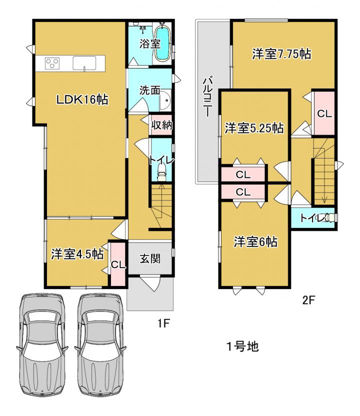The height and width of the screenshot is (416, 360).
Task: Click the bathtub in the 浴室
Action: pyautogui.click(x=162, y=43)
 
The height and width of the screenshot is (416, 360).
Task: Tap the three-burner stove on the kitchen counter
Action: pyautogui.click(x=52, y=63)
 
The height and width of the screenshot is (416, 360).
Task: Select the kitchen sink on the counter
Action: pyautogui.click(x=84, y=63)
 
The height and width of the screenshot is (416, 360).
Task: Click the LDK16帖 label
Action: pyautogui.click(x=82, y=100)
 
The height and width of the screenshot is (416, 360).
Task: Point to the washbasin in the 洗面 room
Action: pyautogui.click(x=166, y=100)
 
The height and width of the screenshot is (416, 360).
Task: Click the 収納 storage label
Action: pyautogui.click(x=161, y=125)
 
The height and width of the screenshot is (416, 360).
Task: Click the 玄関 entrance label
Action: pyautogui.click(x=150, y=258)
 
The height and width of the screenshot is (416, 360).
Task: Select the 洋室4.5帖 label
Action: pyautogui.click(x=77, y=254)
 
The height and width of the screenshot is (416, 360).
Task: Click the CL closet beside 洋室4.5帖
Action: pyautogui.click(x=118, y=264)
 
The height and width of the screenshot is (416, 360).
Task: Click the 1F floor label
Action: pyautogui.click(x=163, y=323)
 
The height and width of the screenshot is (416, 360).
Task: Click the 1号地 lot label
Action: pyautogui.click(x=242, y=346)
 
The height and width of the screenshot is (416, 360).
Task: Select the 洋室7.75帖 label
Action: pyautogui.click(x=281, y=54)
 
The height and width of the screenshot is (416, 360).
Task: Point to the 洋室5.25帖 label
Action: pyautogui.click(x=254, y=128)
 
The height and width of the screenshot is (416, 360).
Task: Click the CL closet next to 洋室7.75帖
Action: pyautogui.click(x=324, y=113)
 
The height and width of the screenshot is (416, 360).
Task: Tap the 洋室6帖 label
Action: pyautogui.click(x=255, y=241)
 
